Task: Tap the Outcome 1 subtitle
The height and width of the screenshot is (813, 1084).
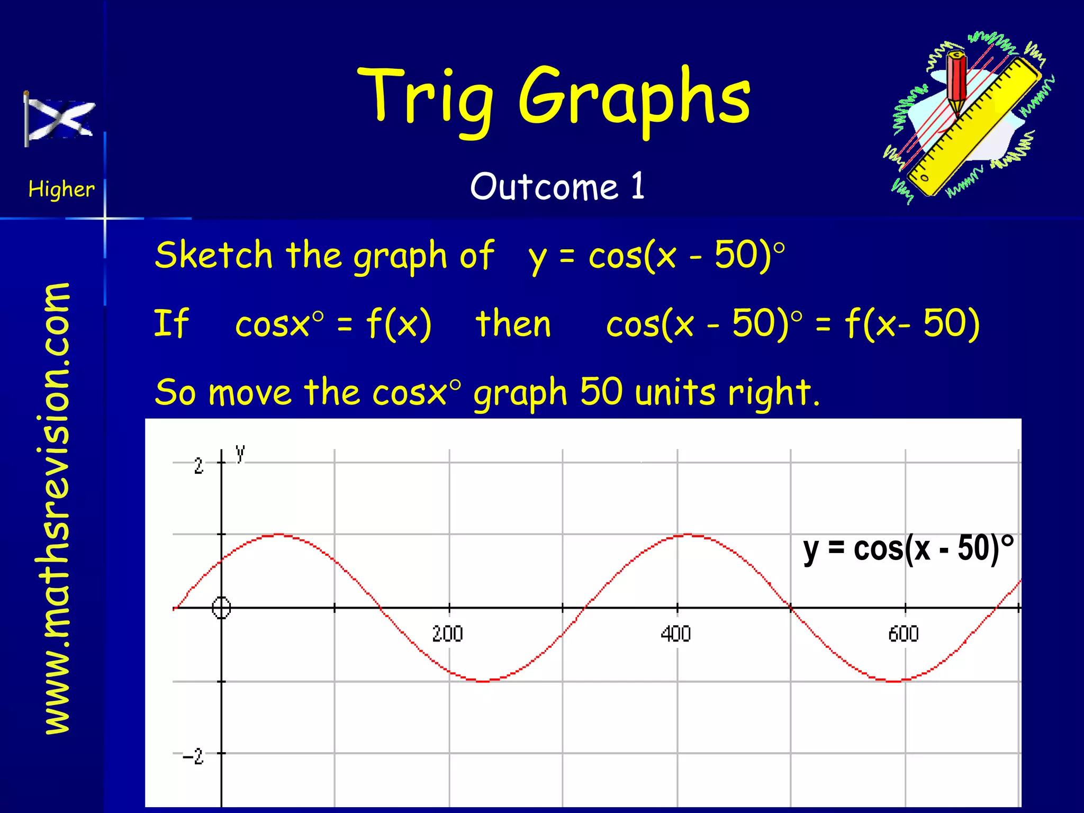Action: tap(557, 187)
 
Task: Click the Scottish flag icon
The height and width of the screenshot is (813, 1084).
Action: tap(60, 119)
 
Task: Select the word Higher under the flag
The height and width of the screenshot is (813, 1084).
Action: tap(61, 189)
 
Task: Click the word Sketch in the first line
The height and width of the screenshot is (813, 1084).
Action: tap(213, 256)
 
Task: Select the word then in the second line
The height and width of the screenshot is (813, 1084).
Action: tap(513, 324)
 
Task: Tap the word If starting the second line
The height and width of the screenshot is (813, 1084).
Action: tap(170, 324)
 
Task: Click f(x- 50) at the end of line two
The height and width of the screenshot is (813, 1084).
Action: tap(911, 324)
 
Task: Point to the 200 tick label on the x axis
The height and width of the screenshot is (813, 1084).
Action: tap(447, 634)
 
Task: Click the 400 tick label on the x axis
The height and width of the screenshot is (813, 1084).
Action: tap(675, 634)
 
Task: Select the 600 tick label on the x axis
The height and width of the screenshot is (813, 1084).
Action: tap(903, 634)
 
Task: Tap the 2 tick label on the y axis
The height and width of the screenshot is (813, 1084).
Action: tap(198, 466)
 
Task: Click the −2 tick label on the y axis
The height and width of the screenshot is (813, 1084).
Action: tap(193, 756)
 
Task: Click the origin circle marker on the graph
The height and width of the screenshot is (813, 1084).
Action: tap(221, 608)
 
